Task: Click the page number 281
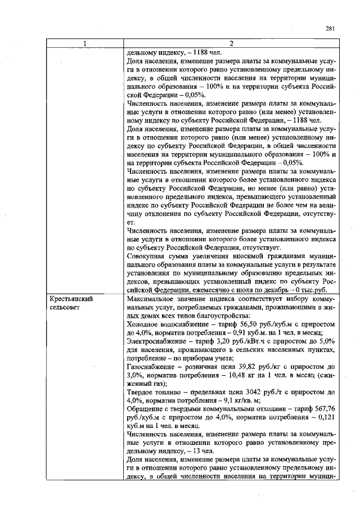click(330, 30)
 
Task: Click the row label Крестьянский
click(71, 300)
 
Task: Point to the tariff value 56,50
click(244, 324)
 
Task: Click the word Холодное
click(144, 324)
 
